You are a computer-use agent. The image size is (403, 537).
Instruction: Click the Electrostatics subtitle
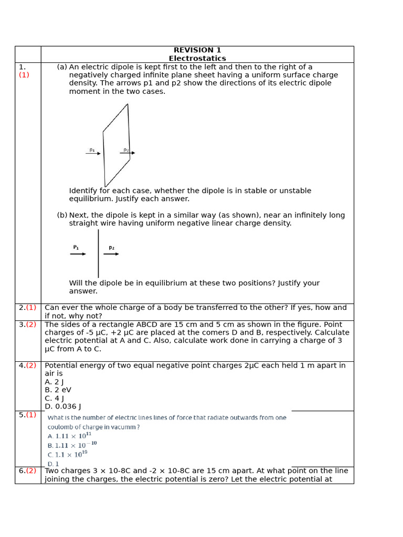tap(197, 59)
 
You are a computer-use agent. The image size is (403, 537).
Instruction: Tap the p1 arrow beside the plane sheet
tap(93, 153)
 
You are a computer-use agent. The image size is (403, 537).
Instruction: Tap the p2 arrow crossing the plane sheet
tap(128, 153)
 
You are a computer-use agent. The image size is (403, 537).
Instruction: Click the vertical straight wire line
tap(98, 253)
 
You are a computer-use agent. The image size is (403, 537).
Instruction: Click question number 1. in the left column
tap(22, 67)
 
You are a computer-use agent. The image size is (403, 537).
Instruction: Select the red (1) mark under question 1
tap(24, 75)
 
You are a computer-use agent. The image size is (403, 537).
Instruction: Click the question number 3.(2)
tap(28, 325)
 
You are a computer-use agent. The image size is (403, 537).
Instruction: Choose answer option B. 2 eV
tap(58, 390)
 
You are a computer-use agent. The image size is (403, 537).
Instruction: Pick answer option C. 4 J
tap(54, 398)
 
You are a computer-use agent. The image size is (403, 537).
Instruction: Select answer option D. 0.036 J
tap(63, 406)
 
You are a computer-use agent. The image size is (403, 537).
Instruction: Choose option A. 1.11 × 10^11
tap(69, 436)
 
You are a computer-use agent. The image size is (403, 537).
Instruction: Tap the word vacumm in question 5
tap(123, 427)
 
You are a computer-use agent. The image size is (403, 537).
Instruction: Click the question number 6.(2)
tap(28, 471)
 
